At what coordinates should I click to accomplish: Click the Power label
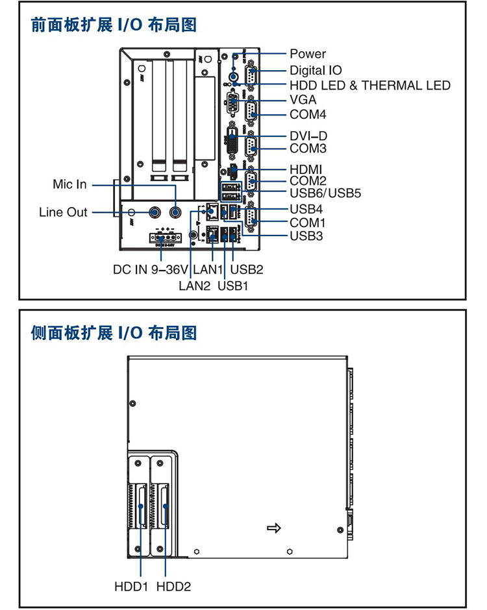point(308,54)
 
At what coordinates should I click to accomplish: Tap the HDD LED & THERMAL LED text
point(369,85)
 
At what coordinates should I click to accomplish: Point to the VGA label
point(303,100)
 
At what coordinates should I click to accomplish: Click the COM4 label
point(308,115)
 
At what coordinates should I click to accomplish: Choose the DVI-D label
point(308,136)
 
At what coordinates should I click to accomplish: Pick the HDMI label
point(306,169)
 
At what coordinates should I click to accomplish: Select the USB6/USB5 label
point(325,193)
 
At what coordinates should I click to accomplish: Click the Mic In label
point(69,184)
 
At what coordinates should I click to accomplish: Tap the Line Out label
point(63,212)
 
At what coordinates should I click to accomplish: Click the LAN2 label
point(195,285)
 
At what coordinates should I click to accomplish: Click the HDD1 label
point(132,587)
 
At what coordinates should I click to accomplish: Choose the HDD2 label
point(173,587)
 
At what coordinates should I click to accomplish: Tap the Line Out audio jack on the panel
point(156,212)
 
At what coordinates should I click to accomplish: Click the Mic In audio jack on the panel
point(176,212)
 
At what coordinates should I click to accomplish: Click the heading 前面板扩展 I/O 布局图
point(114,25)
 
